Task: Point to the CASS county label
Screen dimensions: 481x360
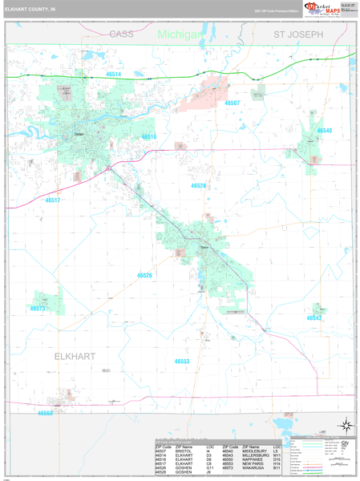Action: [x=121, y=34]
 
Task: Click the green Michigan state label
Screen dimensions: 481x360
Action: [x=179, y=34]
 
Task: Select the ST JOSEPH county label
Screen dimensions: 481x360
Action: [x=298, y=35]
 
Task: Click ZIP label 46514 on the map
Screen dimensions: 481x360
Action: [x=114, y=74]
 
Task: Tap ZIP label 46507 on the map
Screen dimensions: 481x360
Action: [x=232, y=103]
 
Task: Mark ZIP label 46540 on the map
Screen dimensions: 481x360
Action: [x=324, y=130]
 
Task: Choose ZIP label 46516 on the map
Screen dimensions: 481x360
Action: [x=149, y=137]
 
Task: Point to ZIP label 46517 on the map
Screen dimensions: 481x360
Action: [x=53, y=200]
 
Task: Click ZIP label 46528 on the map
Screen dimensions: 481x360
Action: [x=198, y=185]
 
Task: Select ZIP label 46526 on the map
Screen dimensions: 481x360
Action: [x=144, y=275]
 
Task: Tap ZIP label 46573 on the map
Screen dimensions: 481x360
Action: [x=38, y=308]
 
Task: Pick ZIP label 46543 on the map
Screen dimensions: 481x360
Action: [x=313, y=317]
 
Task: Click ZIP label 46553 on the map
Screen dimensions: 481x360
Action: [x=182, y=362]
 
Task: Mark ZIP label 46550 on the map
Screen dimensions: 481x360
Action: [x=45, y=413]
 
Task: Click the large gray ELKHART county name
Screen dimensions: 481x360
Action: [x=75, y=355]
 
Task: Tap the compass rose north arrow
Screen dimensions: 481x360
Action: [x=346, y=425]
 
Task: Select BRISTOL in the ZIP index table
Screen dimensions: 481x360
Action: [x=184, y=451]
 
